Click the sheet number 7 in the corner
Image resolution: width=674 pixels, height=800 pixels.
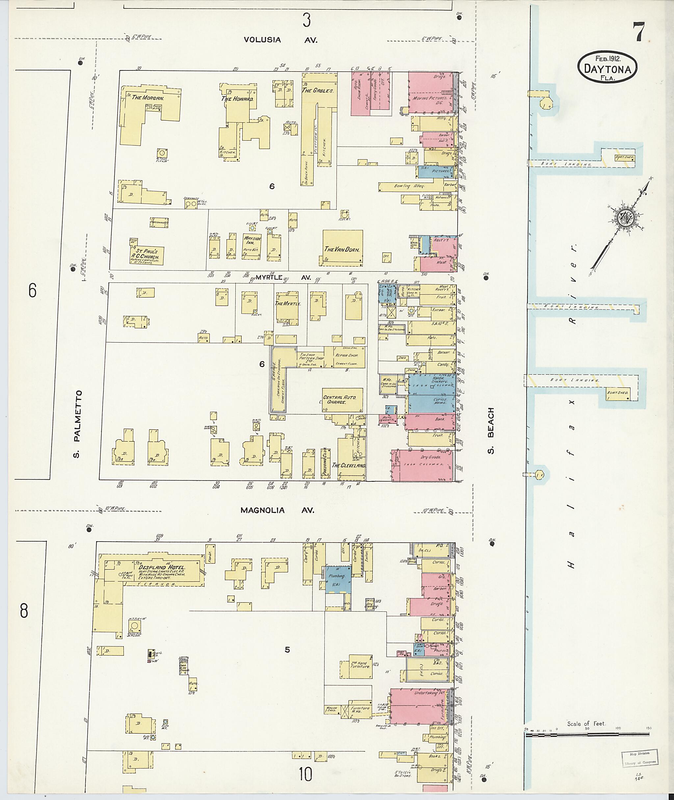click(638, 32)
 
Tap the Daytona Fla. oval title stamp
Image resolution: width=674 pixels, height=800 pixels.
click(607, 66)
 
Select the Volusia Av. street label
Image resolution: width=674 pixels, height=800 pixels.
click(280, 40)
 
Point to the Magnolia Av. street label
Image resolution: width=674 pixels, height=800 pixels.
click(277, 510)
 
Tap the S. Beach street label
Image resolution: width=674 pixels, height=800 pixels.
click(491, 430)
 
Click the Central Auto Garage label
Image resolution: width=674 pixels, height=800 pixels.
click(339, 400)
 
